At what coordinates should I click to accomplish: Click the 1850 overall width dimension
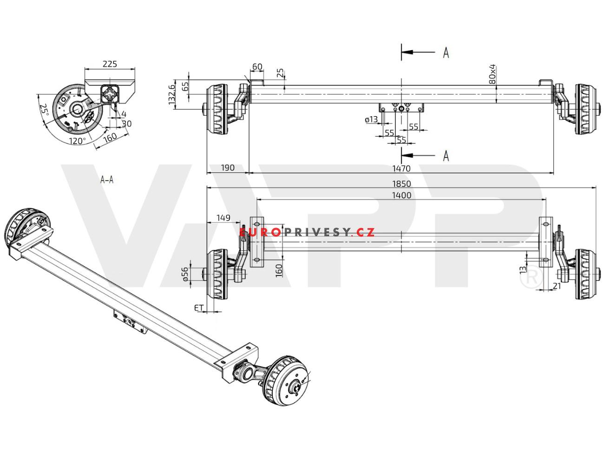point(401,184)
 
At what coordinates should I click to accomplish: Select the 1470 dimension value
point(401,169)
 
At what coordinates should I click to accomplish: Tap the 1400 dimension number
point(401,195)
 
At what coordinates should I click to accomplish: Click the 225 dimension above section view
point(110,64)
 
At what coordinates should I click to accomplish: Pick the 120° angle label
point(77,140)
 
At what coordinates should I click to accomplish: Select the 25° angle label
point(44,110)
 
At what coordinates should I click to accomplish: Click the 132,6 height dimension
point(171,93)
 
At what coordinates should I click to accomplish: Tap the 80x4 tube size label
point(493,74)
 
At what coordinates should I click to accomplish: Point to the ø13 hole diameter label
point(372,119)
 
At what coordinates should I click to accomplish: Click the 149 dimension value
point(223,217)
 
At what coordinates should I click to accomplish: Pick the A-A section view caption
point(107,179)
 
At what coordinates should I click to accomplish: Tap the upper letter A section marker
point(446,53)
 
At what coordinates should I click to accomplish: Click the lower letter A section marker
point(446,156)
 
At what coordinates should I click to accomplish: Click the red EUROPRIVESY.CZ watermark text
point(308,232)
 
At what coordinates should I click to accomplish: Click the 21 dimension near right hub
point(557,286)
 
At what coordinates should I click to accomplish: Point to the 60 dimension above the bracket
point(257,67)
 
